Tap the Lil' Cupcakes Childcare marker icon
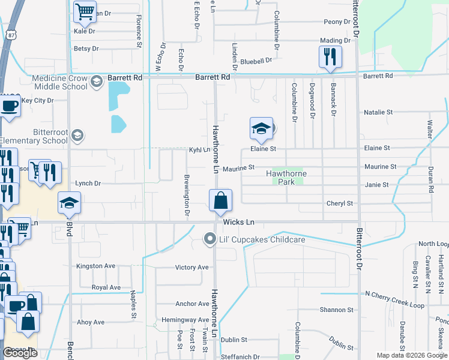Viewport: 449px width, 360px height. (x=209, y=239)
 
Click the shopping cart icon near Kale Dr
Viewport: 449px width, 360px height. (x=85, y=11)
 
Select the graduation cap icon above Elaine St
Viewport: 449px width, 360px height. (x=261, y=128)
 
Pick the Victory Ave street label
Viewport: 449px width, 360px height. (x=191, y=267)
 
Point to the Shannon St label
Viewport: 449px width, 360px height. (x=336, y=310)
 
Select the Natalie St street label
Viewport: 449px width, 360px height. (x=378, y=112)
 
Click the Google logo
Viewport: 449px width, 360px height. (x=20, y=353)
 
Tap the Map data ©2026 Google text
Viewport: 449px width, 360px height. (x=411, y=355)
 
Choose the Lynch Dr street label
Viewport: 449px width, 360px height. (x=88, y=183)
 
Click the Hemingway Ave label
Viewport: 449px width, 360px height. (x=184, y=320)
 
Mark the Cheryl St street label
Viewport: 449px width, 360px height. (x=339, y=203)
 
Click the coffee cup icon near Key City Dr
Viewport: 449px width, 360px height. (x=9, y=106)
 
